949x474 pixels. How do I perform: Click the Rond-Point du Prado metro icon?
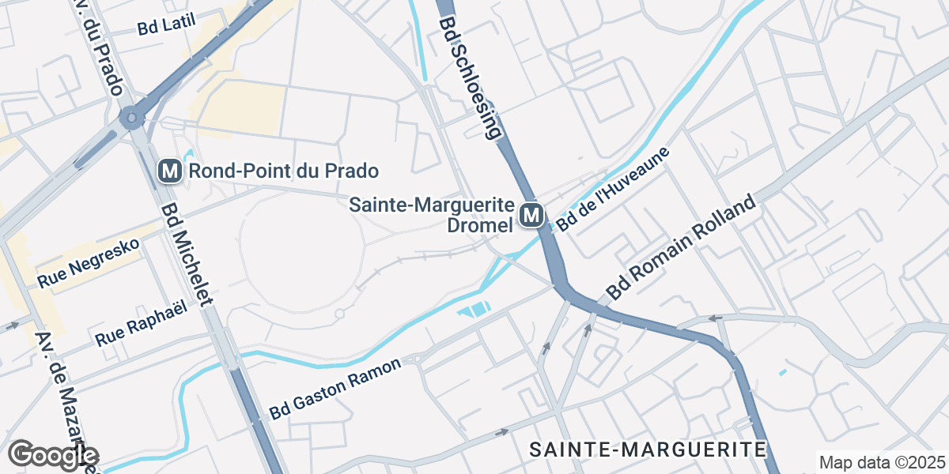tap(168, 170)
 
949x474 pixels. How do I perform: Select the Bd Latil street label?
tap(166, 25)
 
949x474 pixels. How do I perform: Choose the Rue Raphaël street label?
tap(142, 324)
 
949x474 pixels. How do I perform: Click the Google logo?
tap(53, 455)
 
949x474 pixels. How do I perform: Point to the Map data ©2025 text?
tap(881, 462)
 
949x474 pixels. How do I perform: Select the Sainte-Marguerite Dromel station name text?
tap(432, 214)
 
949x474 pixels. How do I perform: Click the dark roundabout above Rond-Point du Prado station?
tap(130, 118)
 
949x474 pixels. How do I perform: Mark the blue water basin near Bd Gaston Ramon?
tap(475, 310)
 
